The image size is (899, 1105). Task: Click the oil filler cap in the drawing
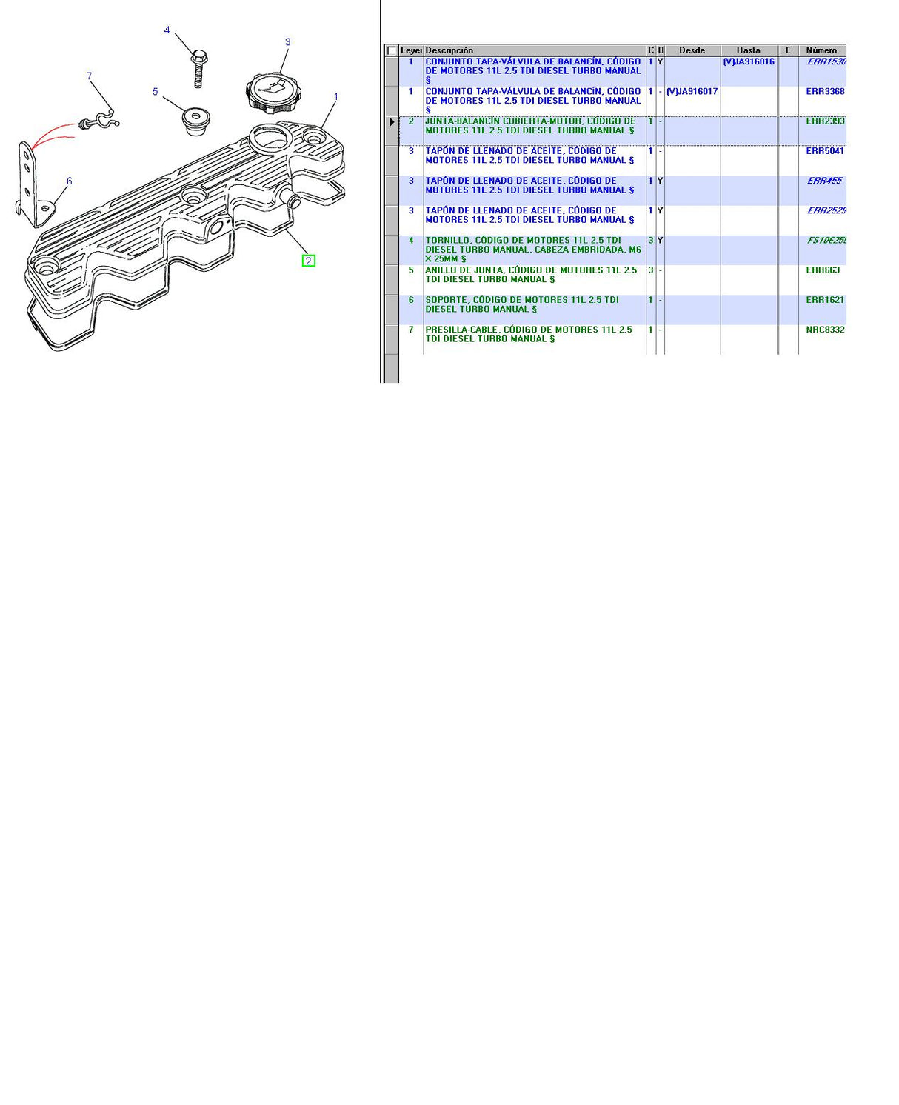273,93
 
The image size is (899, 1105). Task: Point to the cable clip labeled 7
98,121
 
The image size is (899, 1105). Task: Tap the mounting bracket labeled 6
30,185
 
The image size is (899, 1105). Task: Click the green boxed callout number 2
309,261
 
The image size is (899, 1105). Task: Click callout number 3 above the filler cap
288,42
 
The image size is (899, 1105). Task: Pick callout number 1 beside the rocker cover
336,97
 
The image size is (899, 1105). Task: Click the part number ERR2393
825,121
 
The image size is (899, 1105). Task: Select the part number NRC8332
825,330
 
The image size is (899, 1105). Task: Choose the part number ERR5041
825,151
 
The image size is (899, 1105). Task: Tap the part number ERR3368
825,92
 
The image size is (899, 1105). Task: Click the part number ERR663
823,270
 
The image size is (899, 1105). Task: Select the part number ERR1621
825,300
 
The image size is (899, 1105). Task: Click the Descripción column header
449,50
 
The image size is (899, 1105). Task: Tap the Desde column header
692,50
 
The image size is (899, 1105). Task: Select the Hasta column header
748,50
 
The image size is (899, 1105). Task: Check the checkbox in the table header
392,50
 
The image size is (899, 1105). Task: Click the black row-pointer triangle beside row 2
392,122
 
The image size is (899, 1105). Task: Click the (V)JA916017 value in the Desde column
692,92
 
